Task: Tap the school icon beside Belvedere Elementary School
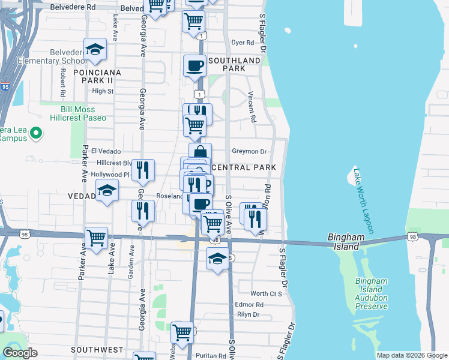[x=95, y=51]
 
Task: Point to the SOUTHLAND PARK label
[x=234, y=64]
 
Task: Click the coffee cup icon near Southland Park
[x=194, y=66]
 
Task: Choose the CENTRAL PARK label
[x=244, y=167]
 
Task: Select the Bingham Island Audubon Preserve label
[x=371, y=293]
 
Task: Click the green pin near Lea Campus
[x=35, y=133]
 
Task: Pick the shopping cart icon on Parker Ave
[x=96, y=238]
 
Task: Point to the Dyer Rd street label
[x=243, y=43]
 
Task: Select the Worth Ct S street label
[x=266, y=293]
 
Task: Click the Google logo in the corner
[x=20, y=353]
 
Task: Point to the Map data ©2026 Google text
[x=411, y=355]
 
